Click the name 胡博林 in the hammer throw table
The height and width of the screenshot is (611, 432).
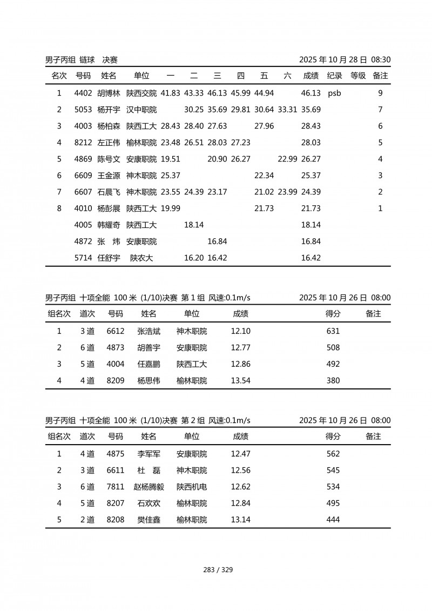[109, 93]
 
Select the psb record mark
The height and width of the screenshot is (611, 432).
[334, 93]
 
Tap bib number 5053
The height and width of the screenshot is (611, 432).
[83, 110]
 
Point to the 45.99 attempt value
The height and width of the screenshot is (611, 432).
[240, 93]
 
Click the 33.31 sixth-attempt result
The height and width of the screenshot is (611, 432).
[287, 110]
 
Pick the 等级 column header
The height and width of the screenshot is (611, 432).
[358, 76]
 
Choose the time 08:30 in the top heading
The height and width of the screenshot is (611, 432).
[381, 60]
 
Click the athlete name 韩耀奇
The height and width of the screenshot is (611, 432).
[109, 225]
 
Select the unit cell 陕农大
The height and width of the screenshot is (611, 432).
[141, 258]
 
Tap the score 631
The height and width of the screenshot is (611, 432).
[333, 331]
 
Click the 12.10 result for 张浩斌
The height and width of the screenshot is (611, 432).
[240, 331]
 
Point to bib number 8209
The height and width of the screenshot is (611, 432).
[116, 381]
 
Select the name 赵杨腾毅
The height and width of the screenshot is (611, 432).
[148, 487]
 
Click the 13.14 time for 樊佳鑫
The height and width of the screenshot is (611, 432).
[240, 520]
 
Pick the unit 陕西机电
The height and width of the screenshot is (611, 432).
[192, 487]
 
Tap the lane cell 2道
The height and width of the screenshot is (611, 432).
[87, 520]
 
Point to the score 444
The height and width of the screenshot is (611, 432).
[333, 520]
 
